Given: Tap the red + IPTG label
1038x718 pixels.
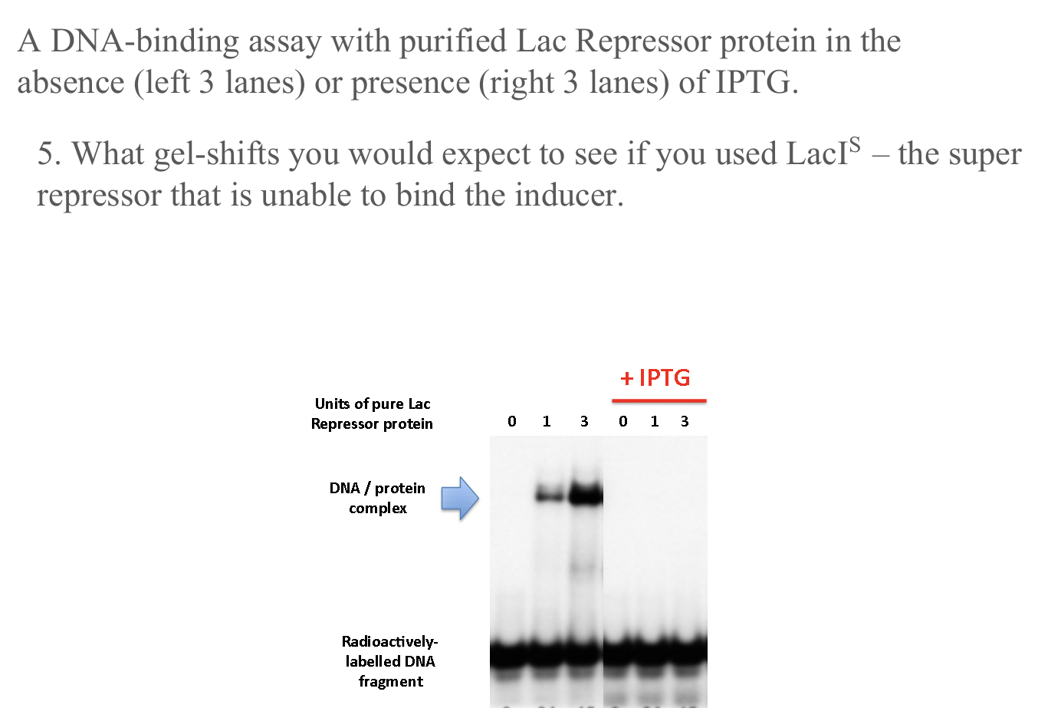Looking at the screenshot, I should (x=655, y=378).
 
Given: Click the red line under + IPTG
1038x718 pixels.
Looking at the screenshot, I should (x=659, y=400).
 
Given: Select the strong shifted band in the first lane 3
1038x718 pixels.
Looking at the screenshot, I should (x=586, y=495).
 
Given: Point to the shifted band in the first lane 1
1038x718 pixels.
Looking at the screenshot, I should (x=549, y=496).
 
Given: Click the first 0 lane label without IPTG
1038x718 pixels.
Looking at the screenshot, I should (x=512, y=421).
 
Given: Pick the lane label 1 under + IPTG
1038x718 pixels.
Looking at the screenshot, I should (x=654, y=421).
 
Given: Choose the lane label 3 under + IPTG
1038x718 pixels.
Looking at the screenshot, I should (x=685, y=421).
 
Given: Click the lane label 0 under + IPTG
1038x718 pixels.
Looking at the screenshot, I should (x=623, y=421).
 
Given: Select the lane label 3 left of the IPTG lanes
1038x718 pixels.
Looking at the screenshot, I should (x=584, y=421).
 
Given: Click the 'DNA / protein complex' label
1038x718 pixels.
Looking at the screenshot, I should (x=377, y=498).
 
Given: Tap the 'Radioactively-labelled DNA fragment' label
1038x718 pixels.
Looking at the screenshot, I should (x=390, y=661).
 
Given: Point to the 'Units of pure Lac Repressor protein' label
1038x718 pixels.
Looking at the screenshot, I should (x=372, y=413).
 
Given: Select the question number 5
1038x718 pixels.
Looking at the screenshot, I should (x=48, y=154).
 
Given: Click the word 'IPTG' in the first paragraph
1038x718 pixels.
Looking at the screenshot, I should (x=752, y=82).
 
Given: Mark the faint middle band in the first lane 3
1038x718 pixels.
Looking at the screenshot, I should (x=584, y=569).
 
